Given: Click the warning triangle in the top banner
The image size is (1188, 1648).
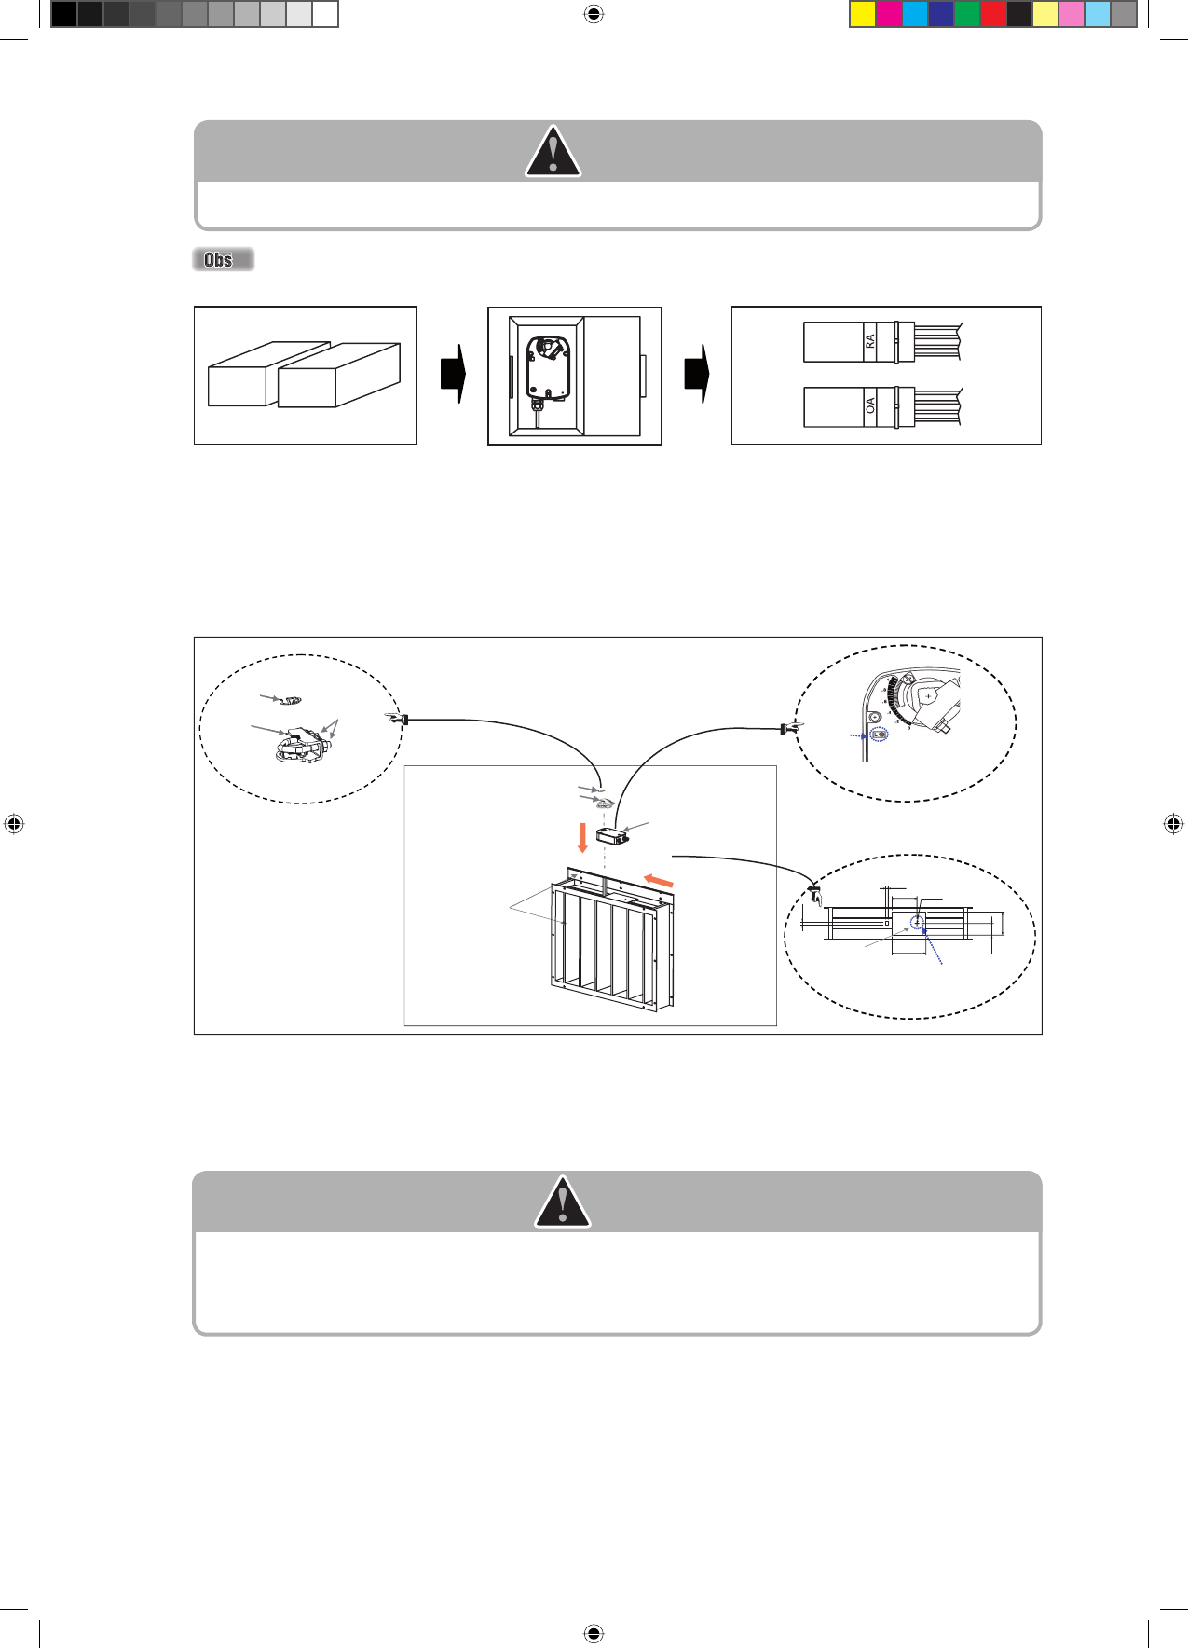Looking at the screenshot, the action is pyautogui.click(x=553, y=151).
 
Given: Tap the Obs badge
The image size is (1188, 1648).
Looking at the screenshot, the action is pyautogui.click(x=223, y=260).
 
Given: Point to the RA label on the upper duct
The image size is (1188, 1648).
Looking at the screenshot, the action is pyautogui.click(x=870, y=341).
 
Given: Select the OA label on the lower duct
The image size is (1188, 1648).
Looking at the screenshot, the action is pyautogui.click(x=870, y=406).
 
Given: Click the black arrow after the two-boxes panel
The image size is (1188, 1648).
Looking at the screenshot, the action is pyautogui.click(x=453, y=374).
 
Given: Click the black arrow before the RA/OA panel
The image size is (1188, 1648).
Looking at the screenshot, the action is pyautogui.click(x=697, y=374).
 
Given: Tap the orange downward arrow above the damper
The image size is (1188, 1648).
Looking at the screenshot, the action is pyautogui.click(x=583, y=838).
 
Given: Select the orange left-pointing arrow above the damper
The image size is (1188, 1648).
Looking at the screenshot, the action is pyautogui.click(x=659, y=880).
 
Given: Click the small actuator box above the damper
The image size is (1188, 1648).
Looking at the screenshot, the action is pyautogui.click(x=612, y=835).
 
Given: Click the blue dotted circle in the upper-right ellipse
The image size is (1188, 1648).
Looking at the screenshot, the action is pyautogui.click(x=880, y=735).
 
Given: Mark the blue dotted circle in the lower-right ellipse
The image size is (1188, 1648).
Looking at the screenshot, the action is pyautogui.click(x=917, y=923).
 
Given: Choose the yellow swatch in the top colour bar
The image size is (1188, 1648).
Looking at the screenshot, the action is pyautogui.click(x=863, y=14).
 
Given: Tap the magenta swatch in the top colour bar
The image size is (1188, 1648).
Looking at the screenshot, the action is pyautogui.click(x=889, y=14).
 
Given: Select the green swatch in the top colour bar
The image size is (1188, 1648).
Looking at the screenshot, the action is pyautogui.click(x=967, y=14).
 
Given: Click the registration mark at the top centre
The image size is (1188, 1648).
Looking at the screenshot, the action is pyautogui.click(x=594, y=14).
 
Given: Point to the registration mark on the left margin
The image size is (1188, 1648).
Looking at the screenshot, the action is pyautogui.click(x=14, y=824).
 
